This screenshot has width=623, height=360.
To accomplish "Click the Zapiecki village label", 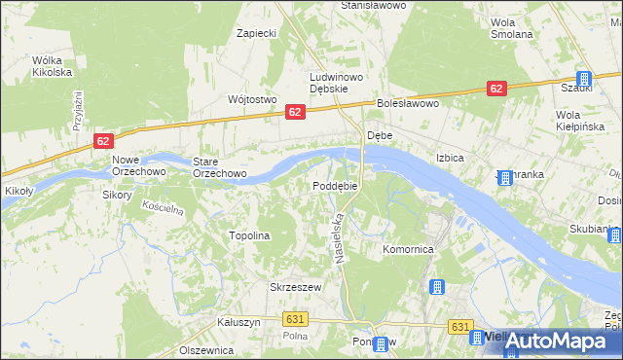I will coord(257,33).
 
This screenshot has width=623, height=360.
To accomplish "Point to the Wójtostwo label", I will coord(252,99).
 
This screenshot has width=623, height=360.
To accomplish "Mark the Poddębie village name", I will coord(335,186).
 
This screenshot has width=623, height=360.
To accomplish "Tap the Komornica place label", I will coord(407,250).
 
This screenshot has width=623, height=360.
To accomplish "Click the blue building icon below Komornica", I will coord(436,288).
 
